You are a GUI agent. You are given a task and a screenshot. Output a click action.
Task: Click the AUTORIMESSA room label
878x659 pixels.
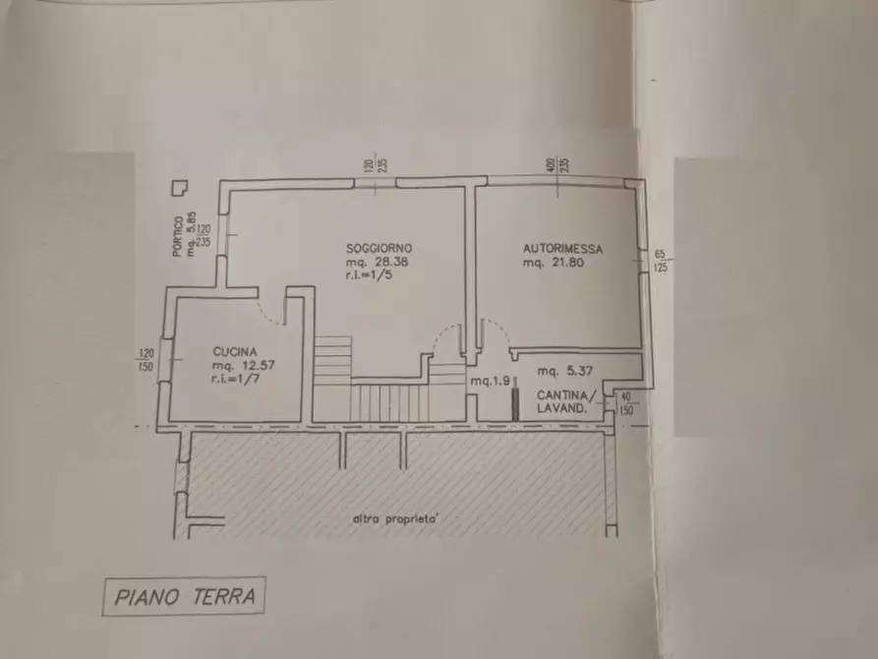(x=562, y=249)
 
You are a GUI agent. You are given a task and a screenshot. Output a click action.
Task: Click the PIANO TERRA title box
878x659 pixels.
(x=185, y=596)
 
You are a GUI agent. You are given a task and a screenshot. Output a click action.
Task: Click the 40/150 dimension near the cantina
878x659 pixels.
(x=626, y=403)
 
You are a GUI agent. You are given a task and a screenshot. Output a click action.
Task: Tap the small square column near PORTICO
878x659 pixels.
(x=180, y=188)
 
